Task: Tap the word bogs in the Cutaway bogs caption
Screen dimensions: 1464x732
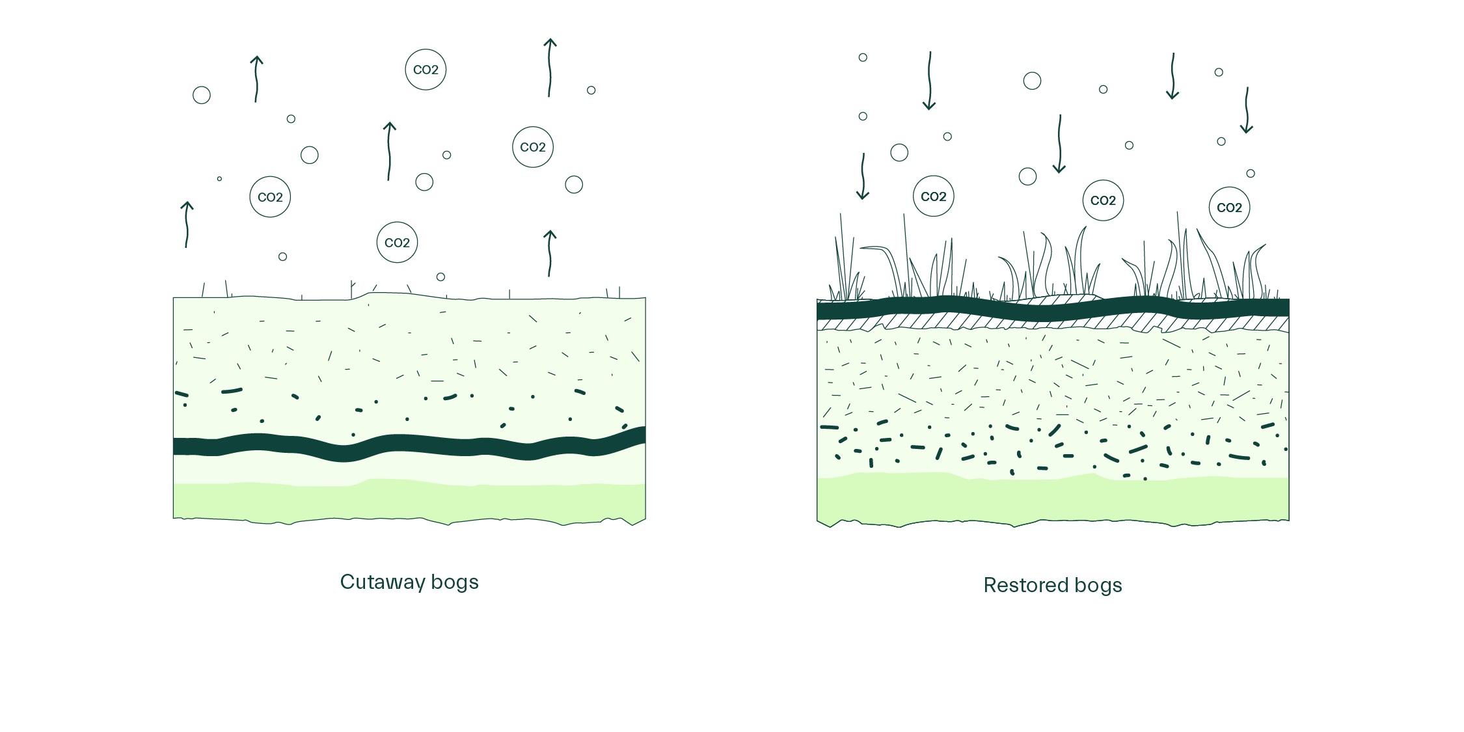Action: click(455, 582)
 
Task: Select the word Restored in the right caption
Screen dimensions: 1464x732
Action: click(1025, 585)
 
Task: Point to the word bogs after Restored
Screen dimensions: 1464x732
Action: click(1098, 586)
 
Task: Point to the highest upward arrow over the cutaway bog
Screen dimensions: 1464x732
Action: click(550, 68)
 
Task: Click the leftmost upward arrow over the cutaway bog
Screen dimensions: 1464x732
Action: click(187, 224)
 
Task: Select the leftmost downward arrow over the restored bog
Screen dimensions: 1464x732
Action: click(863, 176)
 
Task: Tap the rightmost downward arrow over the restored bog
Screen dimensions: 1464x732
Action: click(1247, 110)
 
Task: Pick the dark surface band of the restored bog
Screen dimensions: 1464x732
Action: click(1053, 308)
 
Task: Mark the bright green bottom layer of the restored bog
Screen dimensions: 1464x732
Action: click(1053, 500)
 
